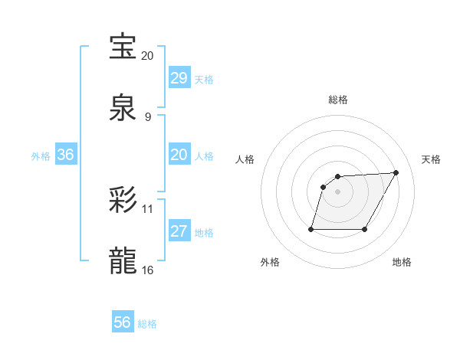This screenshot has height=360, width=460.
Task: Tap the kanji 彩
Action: point(123,201)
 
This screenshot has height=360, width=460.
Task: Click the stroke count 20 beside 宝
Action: point(148,56)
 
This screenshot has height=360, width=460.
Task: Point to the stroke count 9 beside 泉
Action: point(148,117)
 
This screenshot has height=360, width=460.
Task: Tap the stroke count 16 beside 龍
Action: point(148,270)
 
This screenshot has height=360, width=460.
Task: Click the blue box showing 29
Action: point(179,78)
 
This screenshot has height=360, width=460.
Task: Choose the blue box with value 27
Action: point(179,231)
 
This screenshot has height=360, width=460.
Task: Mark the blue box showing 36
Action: point(66,155)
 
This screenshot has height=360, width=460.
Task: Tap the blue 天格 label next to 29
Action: point(204,80)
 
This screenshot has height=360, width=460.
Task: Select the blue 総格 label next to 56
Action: point(147,324)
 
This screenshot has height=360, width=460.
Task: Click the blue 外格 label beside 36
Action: point(41,156)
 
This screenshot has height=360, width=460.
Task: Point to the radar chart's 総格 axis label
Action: point(338,100)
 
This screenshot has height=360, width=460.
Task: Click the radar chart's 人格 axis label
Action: point(245,159)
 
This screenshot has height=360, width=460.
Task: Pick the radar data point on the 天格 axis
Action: point(396,172)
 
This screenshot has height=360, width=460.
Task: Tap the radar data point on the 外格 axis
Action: point(311,229)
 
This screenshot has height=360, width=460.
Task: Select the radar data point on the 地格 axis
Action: point(365,229)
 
